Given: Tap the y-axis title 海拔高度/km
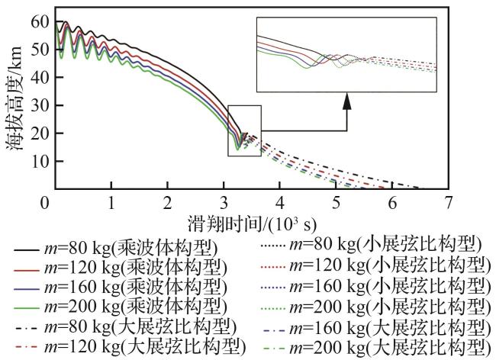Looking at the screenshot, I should pyautogui.click(x=14, y=103).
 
